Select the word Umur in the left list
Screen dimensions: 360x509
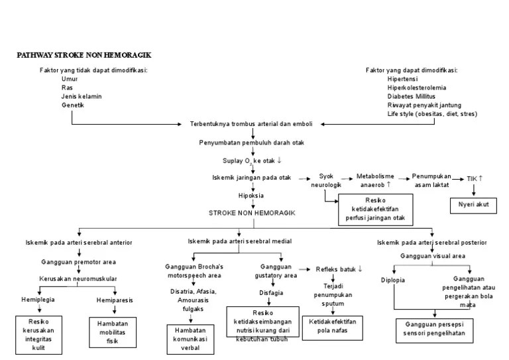[70, 79]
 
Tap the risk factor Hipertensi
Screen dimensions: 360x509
[404, 79]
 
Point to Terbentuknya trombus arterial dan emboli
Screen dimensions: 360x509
[251, 124]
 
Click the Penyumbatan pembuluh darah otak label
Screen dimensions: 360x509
[251, 142]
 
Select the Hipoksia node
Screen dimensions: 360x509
[251, 196]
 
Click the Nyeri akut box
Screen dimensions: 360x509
[473, 204]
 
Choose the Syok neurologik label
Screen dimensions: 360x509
[325, 180]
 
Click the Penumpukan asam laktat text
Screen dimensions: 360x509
[431, 180]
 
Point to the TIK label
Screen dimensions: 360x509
[475, 178]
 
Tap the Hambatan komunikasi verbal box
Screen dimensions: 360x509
[190, 339]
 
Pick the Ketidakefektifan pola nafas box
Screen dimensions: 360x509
[333, 326]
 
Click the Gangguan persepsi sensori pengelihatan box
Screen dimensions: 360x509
[434, 330]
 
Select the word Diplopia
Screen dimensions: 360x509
[392, 280]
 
